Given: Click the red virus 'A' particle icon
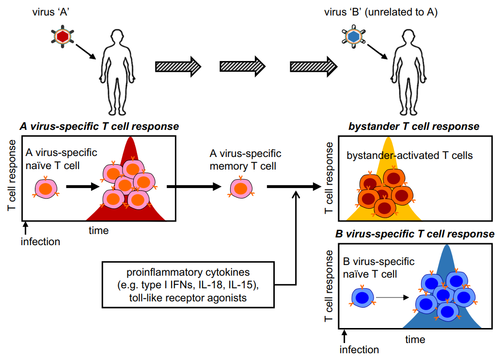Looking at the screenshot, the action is tap(63, 36).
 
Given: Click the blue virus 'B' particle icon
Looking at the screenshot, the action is tap(354, 36).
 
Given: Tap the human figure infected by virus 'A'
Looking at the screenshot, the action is tap(117, 72).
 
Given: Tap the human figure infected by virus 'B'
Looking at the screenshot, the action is tap(409, 72).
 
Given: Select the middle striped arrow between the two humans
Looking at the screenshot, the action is tap(242, 66).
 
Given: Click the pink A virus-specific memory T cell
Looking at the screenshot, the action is tap(241, 188).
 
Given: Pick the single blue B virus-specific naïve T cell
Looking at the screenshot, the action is tap(362, 297).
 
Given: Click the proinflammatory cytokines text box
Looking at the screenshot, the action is tap(188, 284).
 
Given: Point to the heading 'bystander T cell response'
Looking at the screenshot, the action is tap(414, 126).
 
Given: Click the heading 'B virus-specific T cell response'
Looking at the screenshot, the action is tap(415, 234).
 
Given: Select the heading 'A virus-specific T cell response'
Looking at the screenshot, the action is tap(99, 126).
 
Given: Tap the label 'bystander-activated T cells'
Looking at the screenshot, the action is tap(409, 156).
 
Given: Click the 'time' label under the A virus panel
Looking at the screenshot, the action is tap(98, 230).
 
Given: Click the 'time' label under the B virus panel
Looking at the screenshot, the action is tap(415, 340).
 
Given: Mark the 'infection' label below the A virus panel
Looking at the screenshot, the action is tap(40, 241).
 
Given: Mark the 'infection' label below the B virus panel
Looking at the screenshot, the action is tap(359, 349).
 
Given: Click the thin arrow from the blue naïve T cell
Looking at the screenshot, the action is tap(393, 297).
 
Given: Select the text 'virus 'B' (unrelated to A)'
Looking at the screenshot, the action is tap(381, 12).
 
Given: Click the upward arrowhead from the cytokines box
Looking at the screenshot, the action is tap(296, 194).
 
